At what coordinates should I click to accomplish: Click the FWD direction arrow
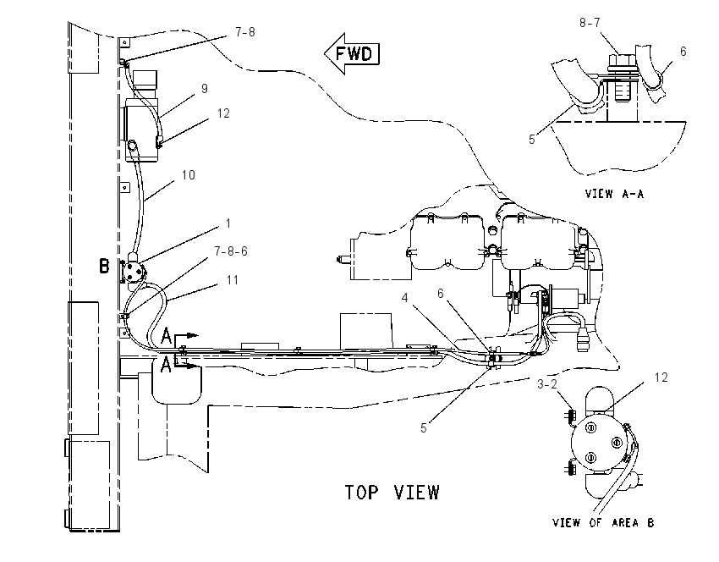tap(352, 53)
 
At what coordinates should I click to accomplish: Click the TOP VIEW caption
tap(392, 493)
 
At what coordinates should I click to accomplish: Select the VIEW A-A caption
tap(614, 194)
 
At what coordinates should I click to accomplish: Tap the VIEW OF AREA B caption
tap(603, 522)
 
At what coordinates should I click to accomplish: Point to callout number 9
tap(205, 89)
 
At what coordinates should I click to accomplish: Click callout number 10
tap(189, 175)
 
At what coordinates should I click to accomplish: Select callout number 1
tap(228, 223)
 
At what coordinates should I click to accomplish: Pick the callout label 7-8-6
tap(231, 251)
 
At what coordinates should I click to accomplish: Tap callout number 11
tap(233, 280)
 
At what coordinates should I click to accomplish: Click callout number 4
tap(404, 298)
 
